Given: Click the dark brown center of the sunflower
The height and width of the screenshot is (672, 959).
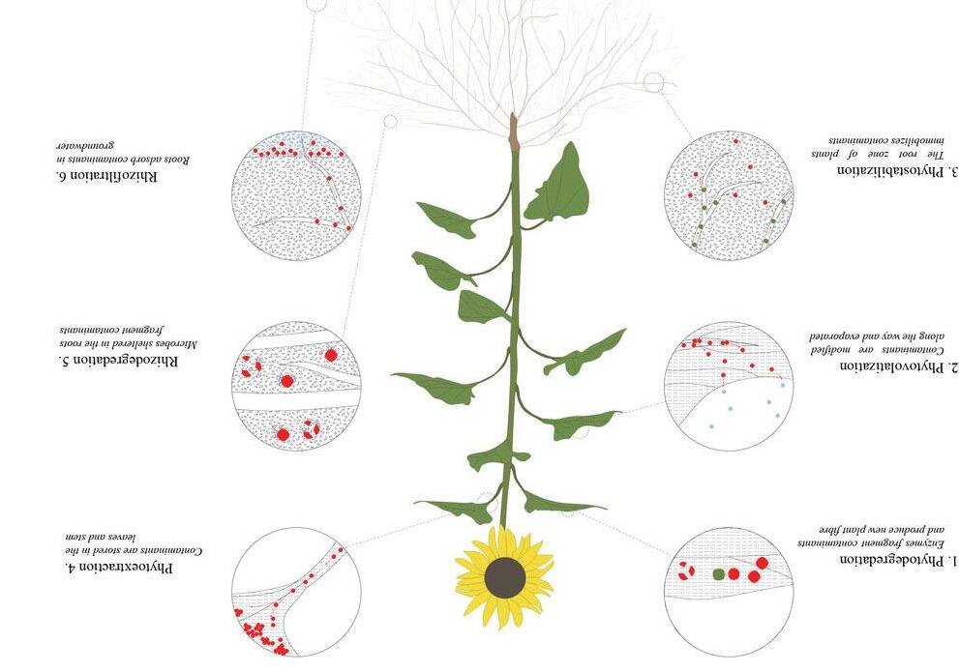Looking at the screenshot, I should tap(504, 577).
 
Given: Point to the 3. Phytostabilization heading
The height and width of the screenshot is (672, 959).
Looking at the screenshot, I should tap(884, 171).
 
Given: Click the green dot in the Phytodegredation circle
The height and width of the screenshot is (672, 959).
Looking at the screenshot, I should tap(719, 573).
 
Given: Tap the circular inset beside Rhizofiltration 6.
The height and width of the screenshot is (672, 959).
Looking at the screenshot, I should tap(296, 194).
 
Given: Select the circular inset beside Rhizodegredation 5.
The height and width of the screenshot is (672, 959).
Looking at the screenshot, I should tap(296, 387).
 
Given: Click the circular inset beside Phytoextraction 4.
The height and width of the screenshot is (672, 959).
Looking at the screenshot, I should tap(296, 592).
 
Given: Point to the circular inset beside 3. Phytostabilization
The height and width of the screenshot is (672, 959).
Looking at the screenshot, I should tap(729, 194).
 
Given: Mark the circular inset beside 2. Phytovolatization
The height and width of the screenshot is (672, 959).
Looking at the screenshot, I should tap(729, 386).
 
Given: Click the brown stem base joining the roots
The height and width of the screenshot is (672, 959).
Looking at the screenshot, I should tap(513, 131).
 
